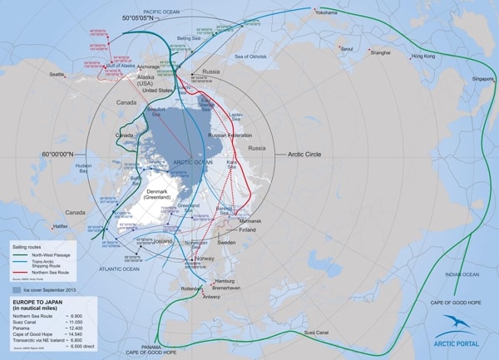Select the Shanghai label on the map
(x=381, y=52)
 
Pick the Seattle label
(x=57, y=75)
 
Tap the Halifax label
(x=60, y=225)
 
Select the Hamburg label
(x=227, y=282)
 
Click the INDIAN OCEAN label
(x=462, y=274)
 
